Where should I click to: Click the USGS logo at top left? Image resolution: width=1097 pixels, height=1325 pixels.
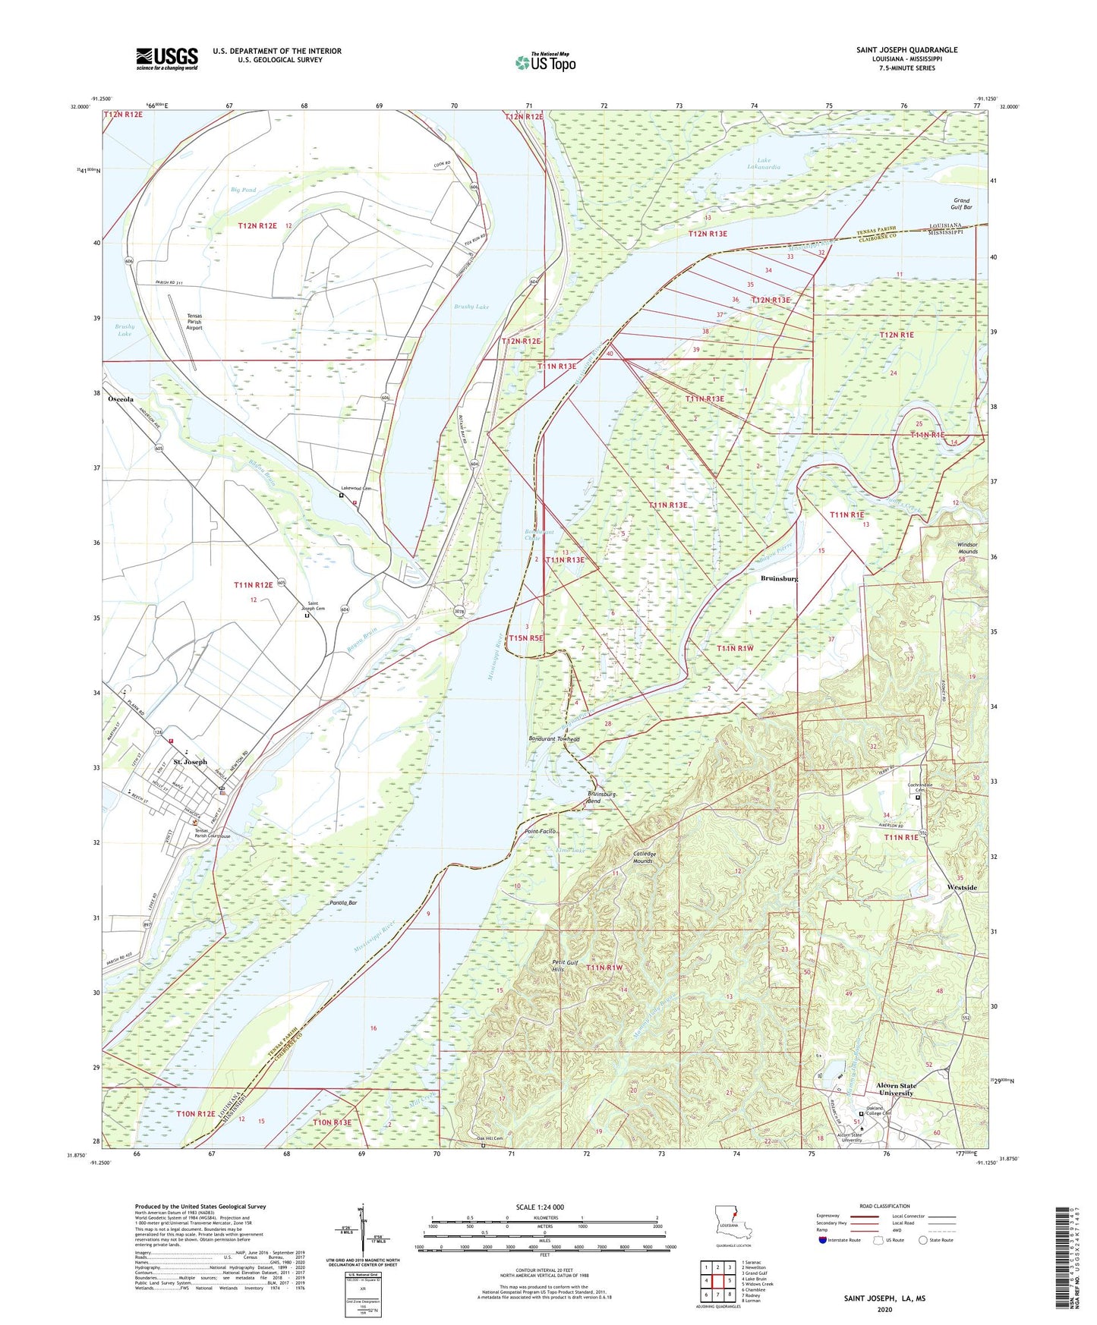[x=167, y=58]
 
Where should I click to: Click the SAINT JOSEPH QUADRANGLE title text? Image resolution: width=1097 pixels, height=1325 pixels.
[x=906, y=50]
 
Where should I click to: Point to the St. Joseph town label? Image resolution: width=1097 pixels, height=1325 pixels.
[x=190, y=762]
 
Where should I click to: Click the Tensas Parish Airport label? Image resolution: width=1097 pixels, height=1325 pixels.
[x=194, y=322]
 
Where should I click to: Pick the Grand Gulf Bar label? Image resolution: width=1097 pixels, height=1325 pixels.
[x=962, y=203]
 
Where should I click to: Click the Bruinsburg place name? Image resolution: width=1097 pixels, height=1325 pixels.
[x=780, y=578]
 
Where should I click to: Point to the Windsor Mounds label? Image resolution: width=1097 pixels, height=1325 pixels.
[x=967, y=548]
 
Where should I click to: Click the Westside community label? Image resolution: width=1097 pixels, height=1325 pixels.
[x=962, y=887]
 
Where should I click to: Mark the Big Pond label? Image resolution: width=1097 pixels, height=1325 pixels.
[x=243, y=190]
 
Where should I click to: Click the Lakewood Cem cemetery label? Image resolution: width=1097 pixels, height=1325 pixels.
[x=356, y=489]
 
